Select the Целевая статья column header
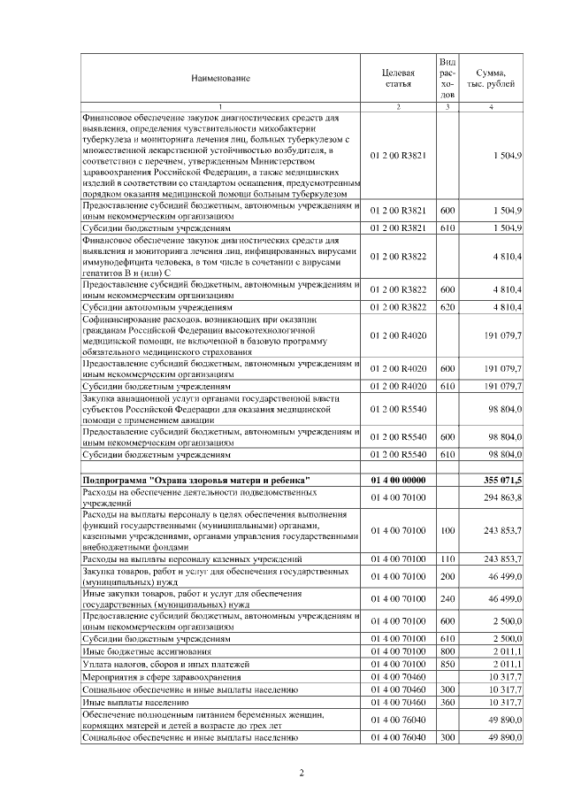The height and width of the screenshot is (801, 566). coord(397,78)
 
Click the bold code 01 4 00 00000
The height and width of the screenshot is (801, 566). coord(398,480)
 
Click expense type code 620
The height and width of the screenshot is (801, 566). coord(447,306)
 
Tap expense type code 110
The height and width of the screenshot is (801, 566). coord(447,559)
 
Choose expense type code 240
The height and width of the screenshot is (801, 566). coord(447,599)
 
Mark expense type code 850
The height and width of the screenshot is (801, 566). coord(447,664)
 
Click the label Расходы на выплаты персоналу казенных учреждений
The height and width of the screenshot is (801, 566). coord(192,559)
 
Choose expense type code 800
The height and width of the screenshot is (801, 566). coord(447,651)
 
